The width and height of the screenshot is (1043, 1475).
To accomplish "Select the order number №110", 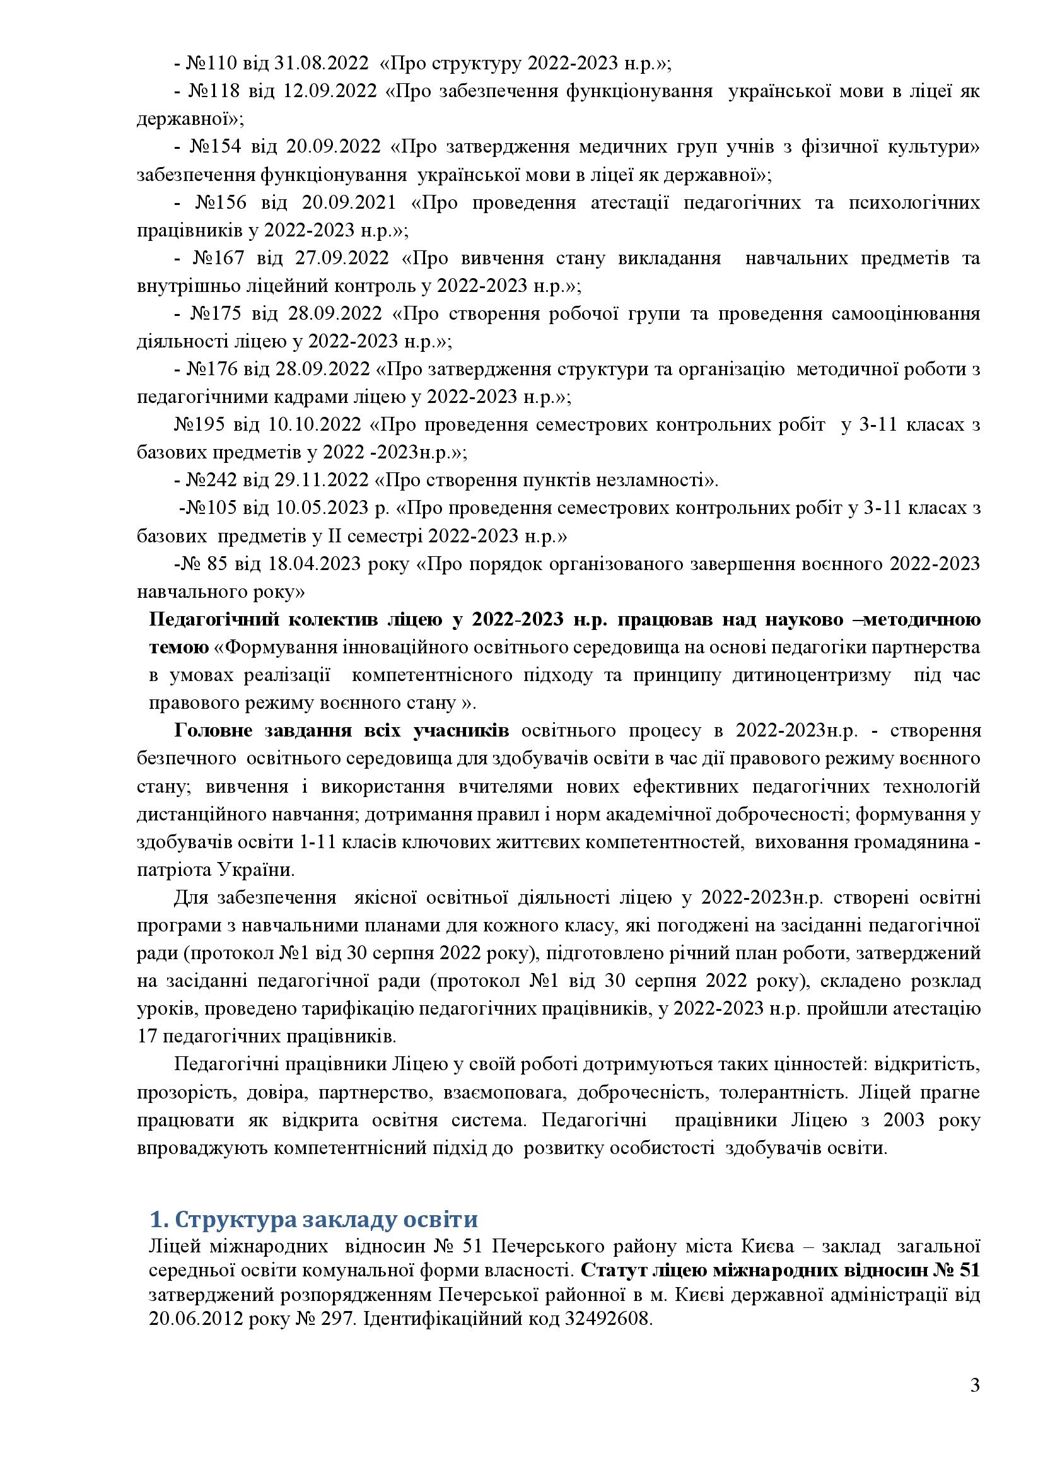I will point(212,64).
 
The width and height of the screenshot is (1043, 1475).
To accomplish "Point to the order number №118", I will point(214,91).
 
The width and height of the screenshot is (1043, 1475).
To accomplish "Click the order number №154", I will point(215,146).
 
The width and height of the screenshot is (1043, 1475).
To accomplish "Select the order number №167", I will point(218,259).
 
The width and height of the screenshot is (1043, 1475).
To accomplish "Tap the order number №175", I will point(216,313).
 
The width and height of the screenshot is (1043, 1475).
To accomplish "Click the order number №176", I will point(212,369).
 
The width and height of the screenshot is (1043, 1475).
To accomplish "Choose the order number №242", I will point(212,480).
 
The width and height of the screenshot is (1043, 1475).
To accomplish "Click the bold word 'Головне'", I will point(212,730).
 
